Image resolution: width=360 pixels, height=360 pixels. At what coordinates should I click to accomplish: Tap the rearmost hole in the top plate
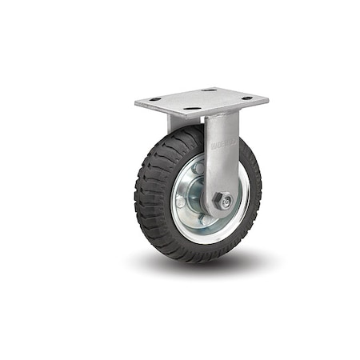tap(210, 90)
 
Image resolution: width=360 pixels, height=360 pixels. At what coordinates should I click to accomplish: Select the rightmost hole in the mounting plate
tap(247, 98)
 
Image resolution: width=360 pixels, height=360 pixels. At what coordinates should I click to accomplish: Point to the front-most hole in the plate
tap(192, 108)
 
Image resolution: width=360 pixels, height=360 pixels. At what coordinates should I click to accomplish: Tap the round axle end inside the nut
tap(227, 201)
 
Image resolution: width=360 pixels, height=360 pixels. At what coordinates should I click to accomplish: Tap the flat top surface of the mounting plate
tap(200, 101)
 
